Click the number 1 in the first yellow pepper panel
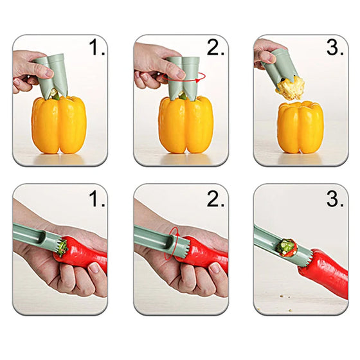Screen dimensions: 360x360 [x=96, y=49]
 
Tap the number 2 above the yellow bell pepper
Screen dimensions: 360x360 [x=215, y=49]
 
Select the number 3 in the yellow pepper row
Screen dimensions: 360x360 [x=335, y=49]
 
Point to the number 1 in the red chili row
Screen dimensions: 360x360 [x=96, y=200]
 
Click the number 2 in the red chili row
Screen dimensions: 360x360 [x=215, y=200]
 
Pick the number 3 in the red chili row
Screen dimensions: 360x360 [x=335, y=200]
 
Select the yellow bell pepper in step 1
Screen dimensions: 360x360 [x=59, y=125]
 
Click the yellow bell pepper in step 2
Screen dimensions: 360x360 [x=186, y=125]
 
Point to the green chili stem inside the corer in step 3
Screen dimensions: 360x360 [x=287, y=247]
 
